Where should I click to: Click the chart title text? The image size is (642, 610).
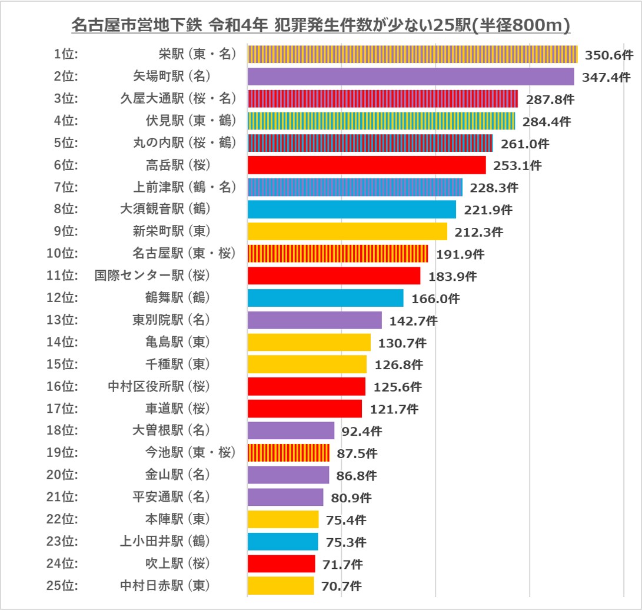[x=321, y=25]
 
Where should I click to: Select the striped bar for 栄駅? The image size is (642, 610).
[x=412, y=54]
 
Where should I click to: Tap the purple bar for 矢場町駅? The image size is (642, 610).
[x=410, y=77]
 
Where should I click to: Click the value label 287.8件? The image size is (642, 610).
[x=550, y=99]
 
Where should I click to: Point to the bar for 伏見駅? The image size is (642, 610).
[x=381, y=121]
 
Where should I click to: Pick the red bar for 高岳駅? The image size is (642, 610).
[x=366, y=165]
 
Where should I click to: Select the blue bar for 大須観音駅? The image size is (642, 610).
[x=351, y=210]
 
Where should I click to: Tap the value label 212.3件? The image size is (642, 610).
[x=478, y=232]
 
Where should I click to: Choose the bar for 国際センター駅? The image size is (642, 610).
[x=334, y=276]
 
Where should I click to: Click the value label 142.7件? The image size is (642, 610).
[x=413, y=321]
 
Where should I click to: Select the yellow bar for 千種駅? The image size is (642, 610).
[x=307, y=364]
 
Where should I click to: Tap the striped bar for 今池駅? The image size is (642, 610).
[x=288, y=453]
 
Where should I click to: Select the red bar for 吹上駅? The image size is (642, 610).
[x=281, y=563]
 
